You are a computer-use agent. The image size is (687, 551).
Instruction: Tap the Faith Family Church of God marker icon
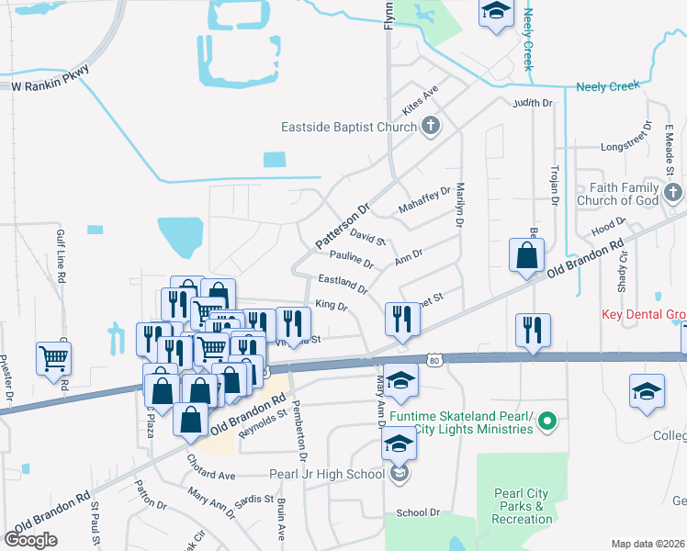tap(673, 193)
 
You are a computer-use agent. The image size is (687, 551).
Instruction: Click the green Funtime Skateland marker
tap(548, 422)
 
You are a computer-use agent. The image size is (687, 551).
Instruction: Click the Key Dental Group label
tap(644, 314)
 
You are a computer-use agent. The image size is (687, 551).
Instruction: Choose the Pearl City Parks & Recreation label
tap(522, 506)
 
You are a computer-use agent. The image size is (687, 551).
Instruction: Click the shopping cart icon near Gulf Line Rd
tap(54, 359)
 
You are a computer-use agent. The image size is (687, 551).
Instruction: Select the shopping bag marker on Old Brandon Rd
tap(527, 256)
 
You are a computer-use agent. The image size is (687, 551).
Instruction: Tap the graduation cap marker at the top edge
tap(496, 13)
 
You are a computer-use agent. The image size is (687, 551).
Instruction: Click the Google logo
tap(30, 539)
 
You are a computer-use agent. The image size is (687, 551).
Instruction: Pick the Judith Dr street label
tap(533, 103)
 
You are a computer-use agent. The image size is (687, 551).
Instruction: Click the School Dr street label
tap(412, 513)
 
